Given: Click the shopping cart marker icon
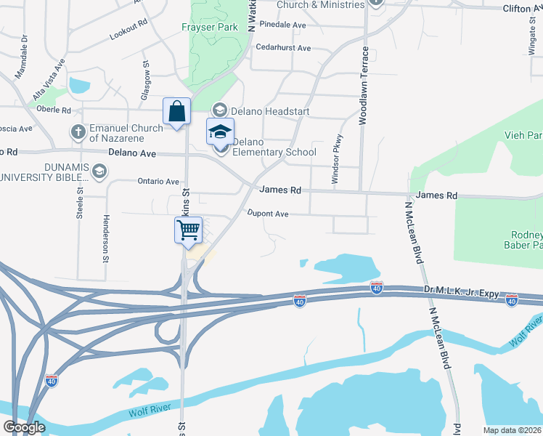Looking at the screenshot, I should (x=189, y=230).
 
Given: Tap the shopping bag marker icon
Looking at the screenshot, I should (x=176, y=112).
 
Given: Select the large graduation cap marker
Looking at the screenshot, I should (x=220, y=132).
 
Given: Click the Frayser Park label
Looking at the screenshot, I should (x=209, y=28).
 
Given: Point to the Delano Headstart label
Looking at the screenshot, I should (x=270, y=111).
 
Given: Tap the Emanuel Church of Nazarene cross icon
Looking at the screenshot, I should (x=78, y=132).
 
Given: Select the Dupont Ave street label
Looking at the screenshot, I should (x=268, y=214).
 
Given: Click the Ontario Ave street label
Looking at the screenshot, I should (x=158, y=182).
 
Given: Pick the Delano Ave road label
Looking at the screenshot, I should (x=132, y=153).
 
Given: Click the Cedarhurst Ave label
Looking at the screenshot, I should (x=284, y=48).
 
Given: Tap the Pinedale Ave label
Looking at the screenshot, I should (x=282, y=24).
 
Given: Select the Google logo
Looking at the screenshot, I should (x=24, y=427).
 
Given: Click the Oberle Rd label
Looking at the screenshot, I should (x=54, y=110).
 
